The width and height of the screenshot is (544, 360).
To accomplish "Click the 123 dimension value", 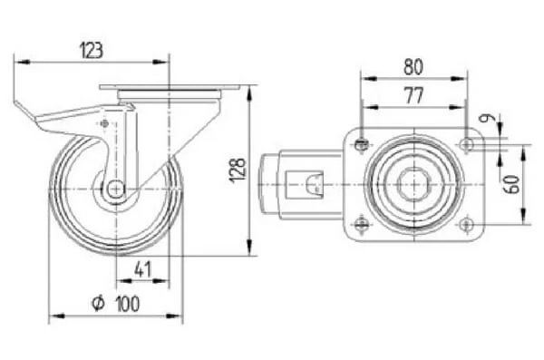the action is [x=92, y=51].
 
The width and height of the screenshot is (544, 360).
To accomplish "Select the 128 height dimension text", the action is [x=238, y=170].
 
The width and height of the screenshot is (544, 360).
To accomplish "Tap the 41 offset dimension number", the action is [x=143, y=269].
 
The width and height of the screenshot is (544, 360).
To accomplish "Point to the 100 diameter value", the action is [x=128, y=304].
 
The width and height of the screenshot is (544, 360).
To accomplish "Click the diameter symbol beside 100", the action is [x=98, y=303].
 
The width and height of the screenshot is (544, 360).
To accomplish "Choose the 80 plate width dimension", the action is [x=413, y=67].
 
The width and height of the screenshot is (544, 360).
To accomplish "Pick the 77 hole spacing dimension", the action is [x=414, y=95].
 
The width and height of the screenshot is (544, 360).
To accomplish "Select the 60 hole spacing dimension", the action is [x=513, y=184].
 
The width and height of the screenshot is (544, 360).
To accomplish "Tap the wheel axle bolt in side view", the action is [x=116, y=189].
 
